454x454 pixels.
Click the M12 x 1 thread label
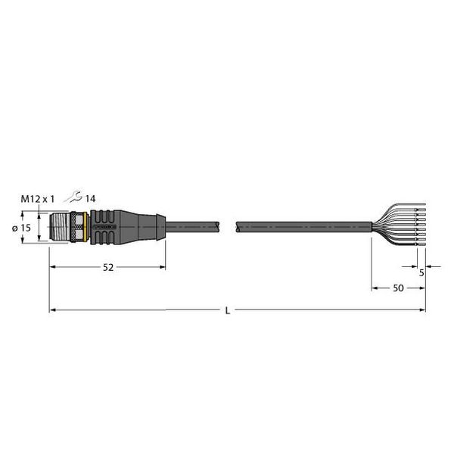point(38,198)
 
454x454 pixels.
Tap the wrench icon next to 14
point(73,197)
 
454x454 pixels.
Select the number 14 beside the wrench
point(90,198)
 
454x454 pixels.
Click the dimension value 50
point(396,289)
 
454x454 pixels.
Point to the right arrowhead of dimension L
point(422,310)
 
